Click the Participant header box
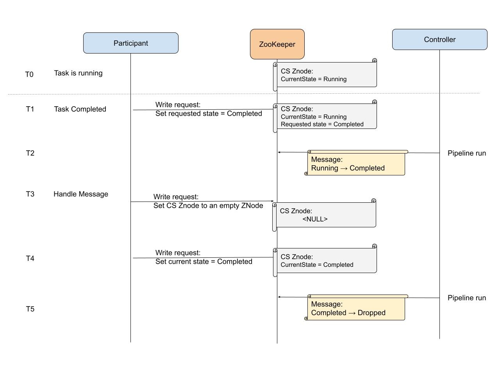(x=130, y=43)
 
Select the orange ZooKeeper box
(x=277, y=44)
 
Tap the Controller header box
(x=439, y=39)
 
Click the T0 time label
(x=29, y=75)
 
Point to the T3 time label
(x=30, y=194)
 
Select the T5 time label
(x=30, y=309)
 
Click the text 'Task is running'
(x=78, y=73)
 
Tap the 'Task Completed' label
(x=80, y=109)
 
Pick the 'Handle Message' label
(x=81, y=194)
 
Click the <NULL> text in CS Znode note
(x=315, y=219)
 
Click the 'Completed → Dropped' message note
(x=355, y=309)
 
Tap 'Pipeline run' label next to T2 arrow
(x=467, y=153)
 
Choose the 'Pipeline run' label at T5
(x=467, y=298)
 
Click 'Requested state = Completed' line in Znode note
(x=322, y=124)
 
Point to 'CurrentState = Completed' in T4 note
(x=317, y=265)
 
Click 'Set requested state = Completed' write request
(x=209, y=114)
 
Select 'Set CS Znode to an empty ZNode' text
(x=208, y=205)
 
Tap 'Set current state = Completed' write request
(x=204, y=262)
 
